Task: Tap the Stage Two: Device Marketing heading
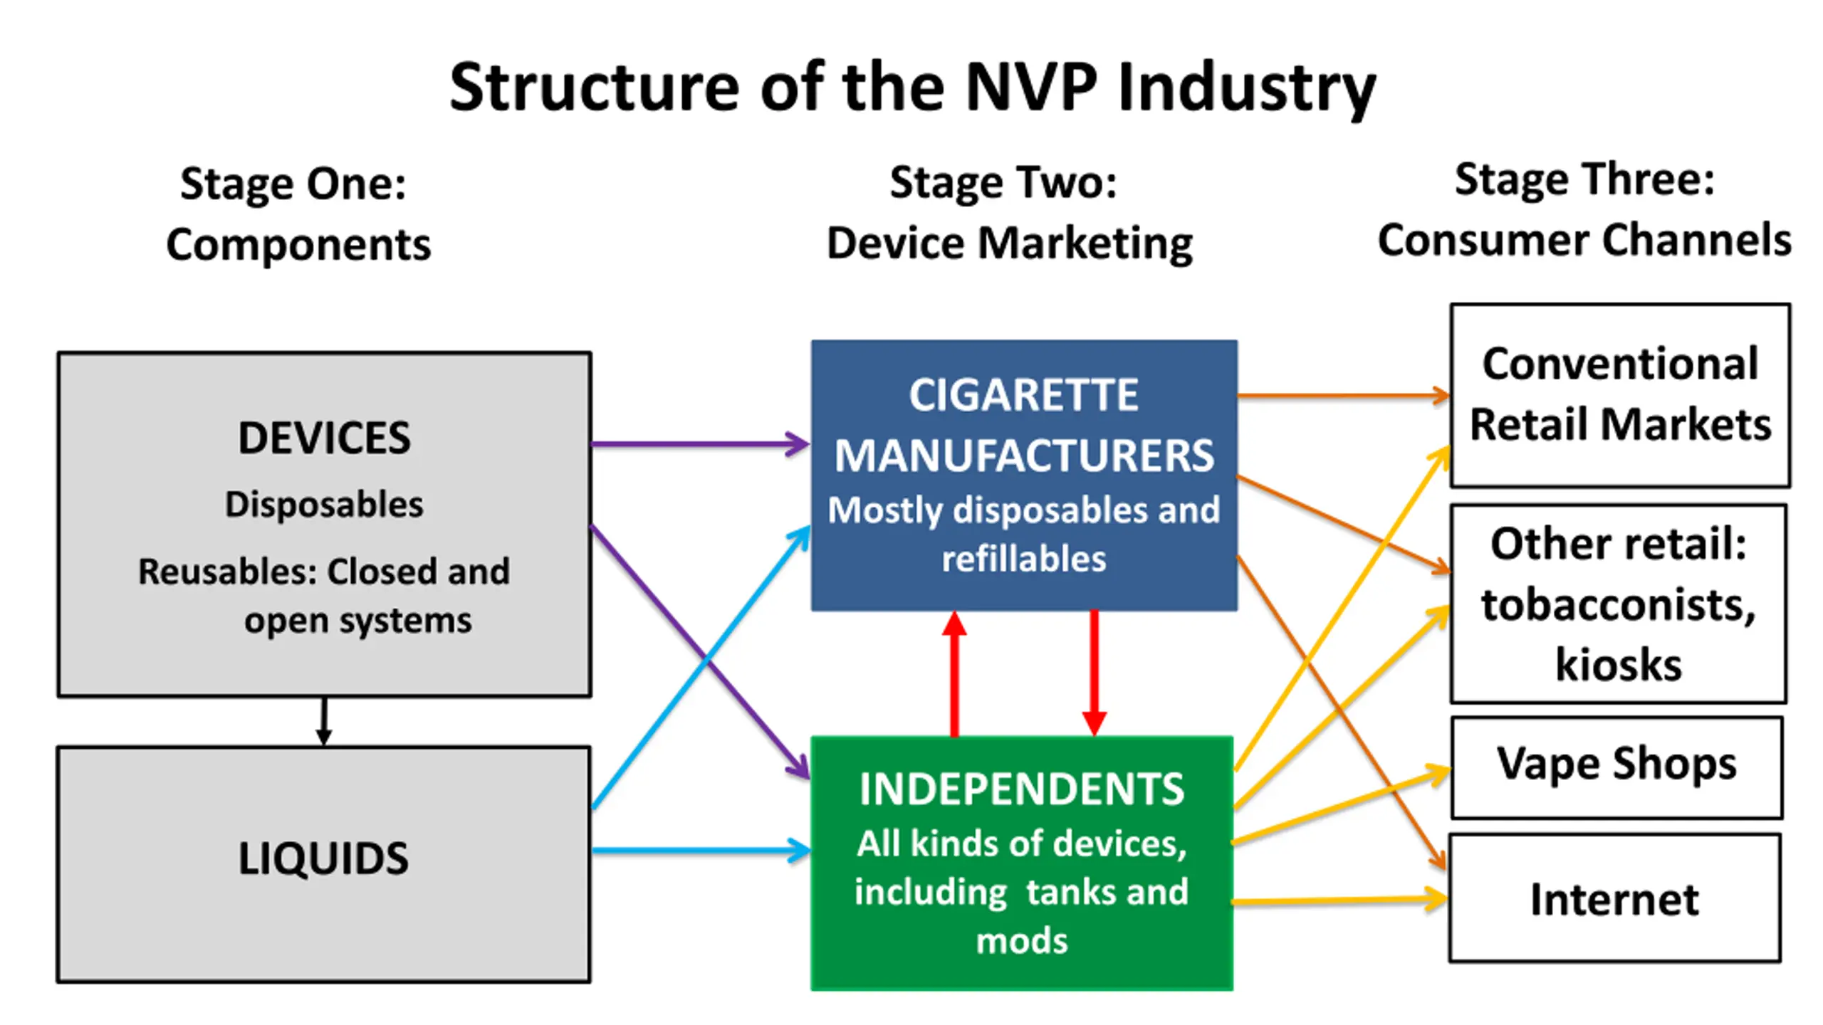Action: (1009, 212)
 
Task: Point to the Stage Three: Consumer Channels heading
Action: (1584, 209)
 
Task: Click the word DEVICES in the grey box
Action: (324, 437)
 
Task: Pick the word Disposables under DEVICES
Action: (324, 505)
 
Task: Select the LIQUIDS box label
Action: (323, 858)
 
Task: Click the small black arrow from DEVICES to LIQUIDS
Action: (324, 720)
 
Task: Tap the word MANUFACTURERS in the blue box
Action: (1024, 456)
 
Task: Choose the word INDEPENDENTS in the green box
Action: (1022, 789)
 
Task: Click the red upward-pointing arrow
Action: (954, 673)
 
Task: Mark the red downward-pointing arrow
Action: (1094, 673)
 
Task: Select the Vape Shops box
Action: (1616, 768)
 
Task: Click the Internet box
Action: (1615, 898)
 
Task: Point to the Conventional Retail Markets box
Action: (1620, 395)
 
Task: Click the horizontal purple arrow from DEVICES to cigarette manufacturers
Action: (700, 444)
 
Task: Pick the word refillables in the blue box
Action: (1024, 559)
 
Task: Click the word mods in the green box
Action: (1022, 941)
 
